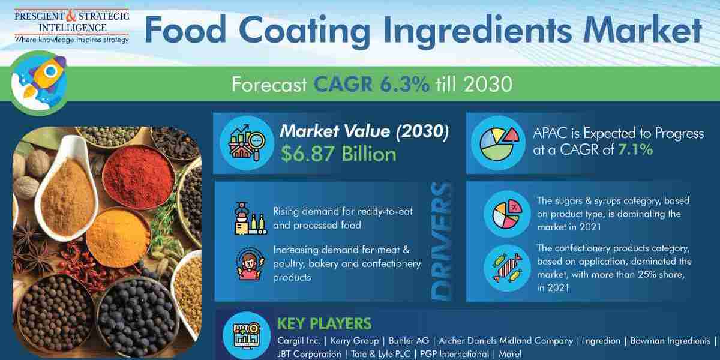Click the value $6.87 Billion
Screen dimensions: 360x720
click(338, 154)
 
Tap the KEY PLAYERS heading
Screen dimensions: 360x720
click(324, 323)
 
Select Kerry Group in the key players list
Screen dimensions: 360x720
click(355, 340)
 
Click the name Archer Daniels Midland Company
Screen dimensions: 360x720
click(506, 340)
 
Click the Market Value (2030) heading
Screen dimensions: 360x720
click(364, 131)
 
